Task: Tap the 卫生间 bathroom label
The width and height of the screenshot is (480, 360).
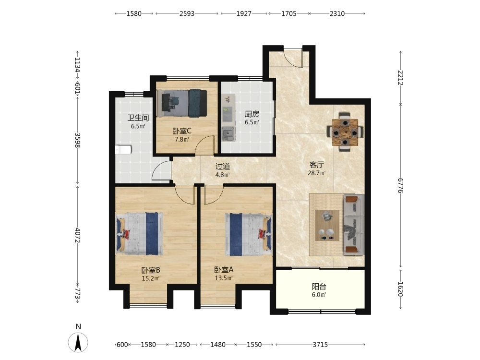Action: pos(138,118)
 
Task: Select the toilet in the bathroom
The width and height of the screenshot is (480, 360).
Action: pos(123,150)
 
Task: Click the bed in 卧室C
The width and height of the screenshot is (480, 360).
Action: pos(181,103)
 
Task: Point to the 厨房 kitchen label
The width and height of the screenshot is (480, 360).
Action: pos(252,114)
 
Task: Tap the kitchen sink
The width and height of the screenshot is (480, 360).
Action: pos(228,134)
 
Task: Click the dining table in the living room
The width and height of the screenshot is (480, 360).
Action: pos(345,132)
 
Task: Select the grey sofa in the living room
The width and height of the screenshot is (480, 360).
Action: pos(354,224)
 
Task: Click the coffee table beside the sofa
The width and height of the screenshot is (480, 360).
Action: pos(327,225)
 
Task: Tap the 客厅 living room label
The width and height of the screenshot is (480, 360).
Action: pos(316,165)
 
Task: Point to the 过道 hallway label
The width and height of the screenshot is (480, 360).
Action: pos(223,167)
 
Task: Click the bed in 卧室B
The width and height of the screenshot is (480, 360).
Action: pos(139,234)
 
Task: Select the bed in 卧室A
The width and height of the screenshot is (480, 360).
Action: pos(248,234)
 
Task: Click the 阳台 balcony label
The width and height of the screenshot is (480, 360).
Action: pos(319,287)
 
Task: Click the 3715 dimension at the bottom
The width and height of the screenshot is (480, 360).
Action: pos(320,345)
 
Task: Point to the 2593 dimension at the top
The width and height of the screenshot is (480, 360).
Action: pos(187,14)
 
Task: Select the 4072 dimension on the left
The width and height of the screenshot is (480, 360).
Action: pos(77,235)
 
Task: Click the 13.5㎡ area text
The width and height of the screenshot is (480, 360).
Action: pos(224,278)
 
